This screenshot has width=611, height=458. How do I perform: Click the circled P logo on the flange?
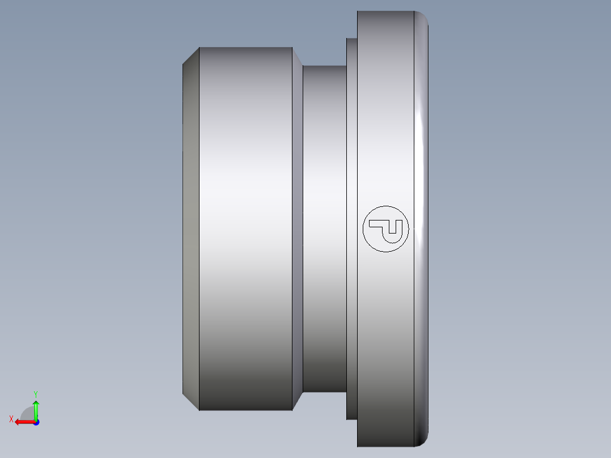click(385, 228)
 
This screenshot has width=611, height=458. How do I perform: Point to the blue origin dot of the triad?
click(36, 422)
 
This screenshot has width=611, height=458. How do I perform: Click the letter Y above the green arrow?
click(35, 393)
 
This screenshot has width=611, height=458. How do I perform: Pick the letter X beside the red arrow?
click(11, 419)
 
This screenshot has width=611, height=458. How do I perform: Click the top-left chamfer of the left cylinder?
click(191, 56)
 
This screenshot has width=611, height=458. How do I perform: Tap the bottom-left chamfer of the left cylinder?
click(191, 402)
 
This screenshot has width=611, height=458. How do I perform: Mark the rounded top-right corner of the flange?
click(422, 17)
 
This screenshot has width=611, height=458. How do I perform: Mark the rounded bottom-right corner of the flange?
click(422, 440)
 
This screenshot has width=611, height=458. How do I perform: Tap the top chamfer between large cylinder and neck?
click(297, 57)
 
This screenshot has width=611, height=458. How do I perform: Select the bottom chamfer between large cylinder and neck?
click(297, 401)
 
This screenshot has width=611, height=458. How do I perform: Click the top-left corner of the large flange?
click(358, 12)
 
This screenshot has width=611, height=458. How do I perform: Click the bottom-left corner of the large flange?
click(358, 446)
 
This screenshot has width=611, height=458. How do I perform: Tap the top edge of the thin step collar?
click(351, 39)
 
